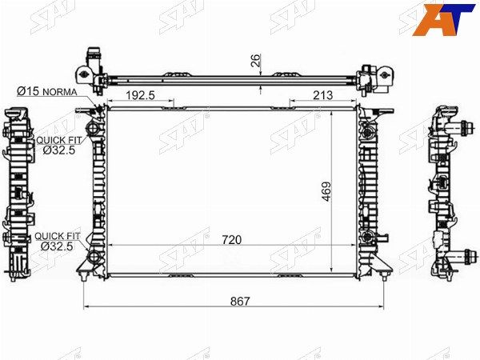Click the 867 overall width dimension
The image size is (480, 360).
click(x=240, y=302)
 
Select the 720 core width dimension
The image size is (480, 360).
click(x=232, y=240)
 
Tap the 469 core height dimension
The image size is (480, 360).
click(x=326, y=192)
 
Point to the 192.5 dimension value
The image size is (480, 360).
click(x=141, y=95)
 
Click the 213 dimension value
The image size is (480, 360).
click(x=322, y=95)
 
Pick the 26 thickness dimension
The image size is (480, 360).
click(x=255, y=60)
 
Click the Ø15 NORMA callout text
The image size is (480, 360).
click(x=47, y=91)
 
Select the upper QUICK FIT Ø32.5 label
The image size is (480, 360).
click(x=59, y=145)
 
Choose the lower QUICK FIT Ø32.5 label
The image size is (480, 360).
click(x=58, y=242)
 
